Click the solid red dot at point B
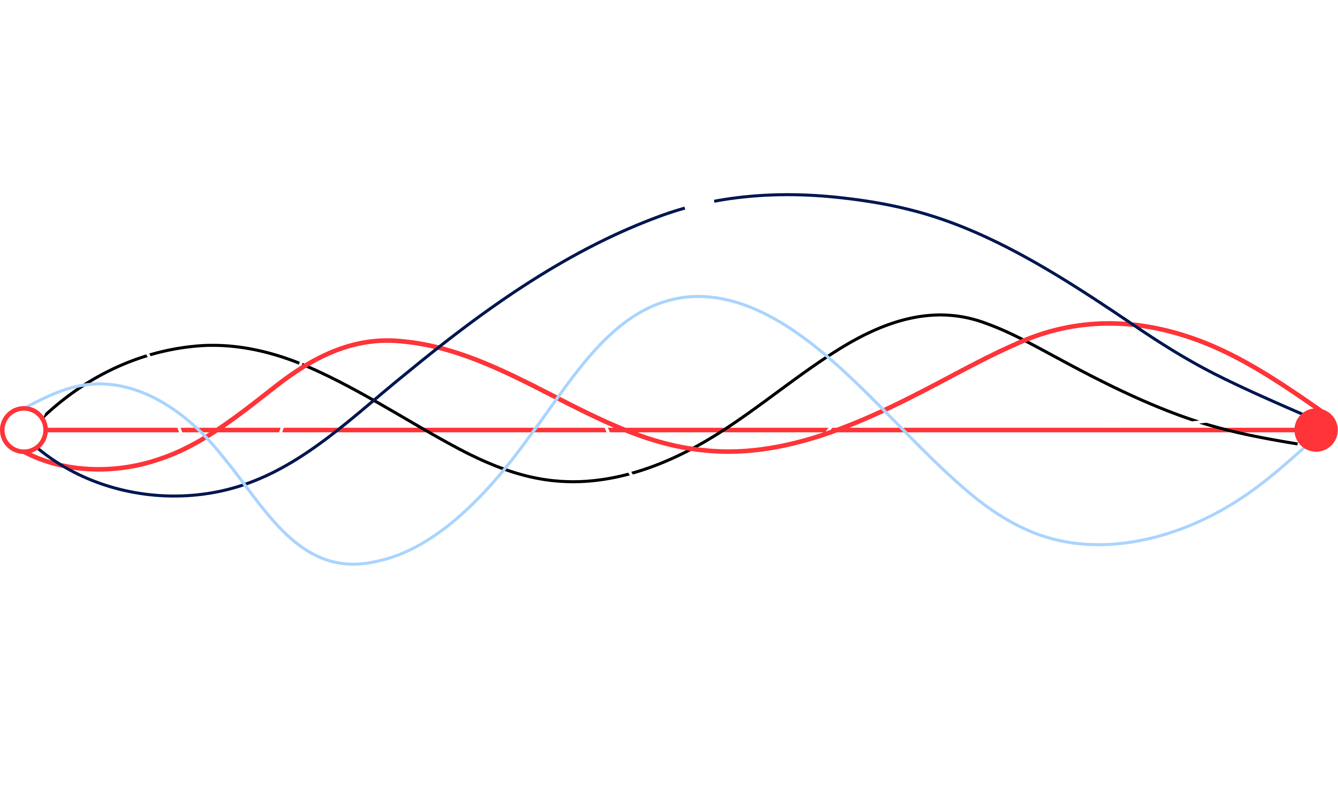pyautogui.click(x=1316, y=430)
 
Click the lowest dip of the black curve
pyautogui.click(x=573, y=482)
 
